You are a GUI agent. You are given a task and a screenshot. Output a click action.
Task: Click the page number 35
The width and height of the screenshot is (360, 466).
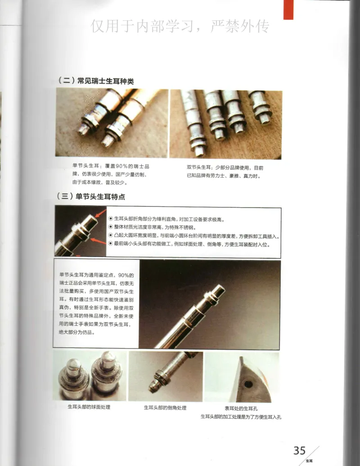pyautogui.click(x=299, y=450)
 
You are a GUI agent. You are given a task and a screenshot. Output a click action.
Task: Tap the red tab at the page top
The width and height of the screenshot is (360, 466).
pyautogui.click(x=288, y=9)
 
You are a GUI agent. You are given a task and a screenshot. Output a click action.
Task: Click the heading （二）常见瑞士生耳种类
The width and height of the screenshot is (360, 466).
pyautogui.click(x=96, y=81)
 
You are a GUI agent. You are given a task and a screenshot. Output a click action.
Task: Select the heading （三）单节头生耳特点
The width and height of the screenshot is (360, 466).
pyautogui.click(x=91, y=197)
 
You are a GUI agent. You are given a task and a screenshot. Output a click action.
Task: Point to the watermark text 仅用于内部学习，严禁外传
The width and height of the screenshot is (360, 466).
pyautogui.click(x=180, y=27)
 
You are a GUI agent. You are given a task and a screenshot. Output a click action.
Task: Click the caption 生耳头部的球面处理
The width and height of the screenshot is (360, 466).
pyautogui.click(x=89, y=407)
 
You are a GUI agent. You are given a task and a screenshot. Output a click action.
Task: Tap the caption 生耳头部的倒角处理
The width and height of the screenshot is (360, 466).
pyautogui.click(x=165, y=407)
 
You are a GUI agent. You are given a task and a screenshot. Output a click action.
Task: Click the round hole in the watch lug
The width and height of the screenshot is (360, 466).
pyautogui.click(x=247, y=384)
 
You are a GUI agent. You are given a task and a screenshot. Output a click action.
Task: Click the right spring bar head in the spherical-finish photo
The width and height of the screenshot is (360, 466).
pyautogui.click(x=108, y=362)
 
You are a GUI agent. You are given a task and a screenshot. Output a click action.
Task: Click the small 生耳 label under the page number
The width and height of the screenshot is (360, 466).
pyautogui.click(x=309, y=461)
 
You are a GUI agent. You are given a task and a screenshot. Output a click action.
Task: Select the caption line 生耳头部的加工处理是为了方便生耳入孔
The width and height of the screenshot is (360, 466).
pyautogui.click(x=241, y=416)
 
